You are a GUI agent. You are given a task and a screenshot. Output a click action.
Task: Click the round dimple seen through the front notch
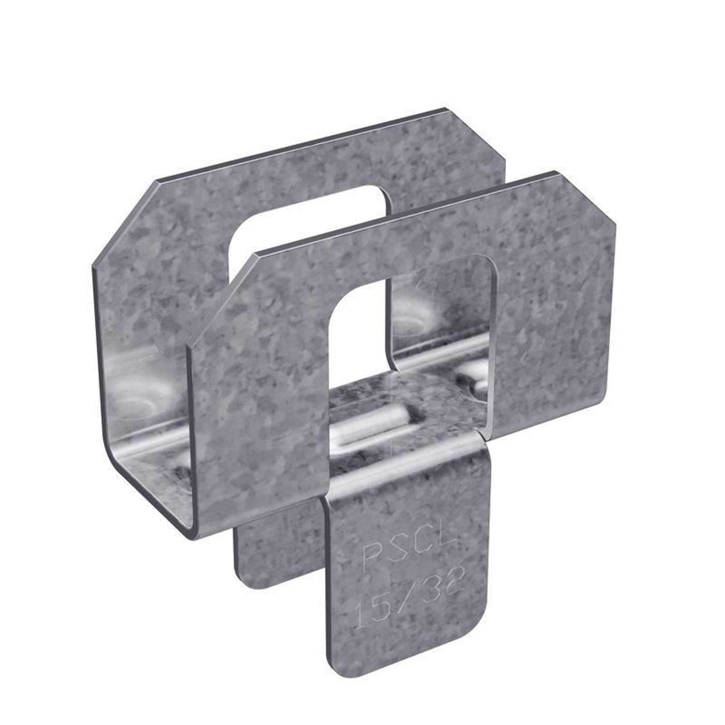coord(416,314)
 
